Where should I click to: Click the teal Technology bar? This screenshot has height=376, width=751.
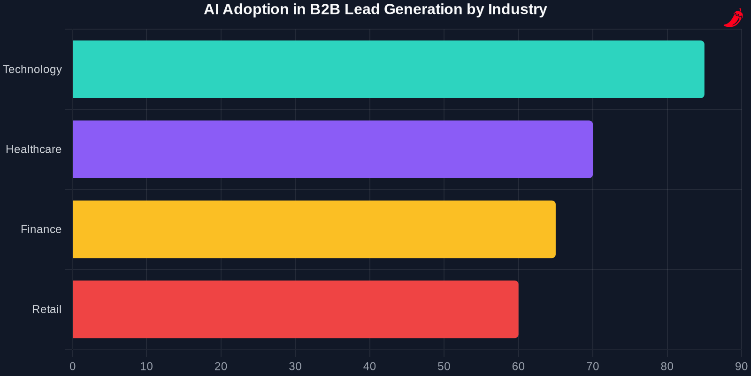click(388, 69)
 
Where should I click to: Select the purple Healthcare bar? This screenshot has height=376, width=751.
click(332, 149)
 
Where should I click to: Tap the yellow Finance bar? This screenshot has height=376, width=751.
click(314, 229)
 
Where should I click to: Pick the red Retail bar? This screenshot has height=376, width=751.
click(295, 309)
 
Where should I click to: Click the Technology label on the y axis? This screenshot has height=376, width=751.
click(32, 70)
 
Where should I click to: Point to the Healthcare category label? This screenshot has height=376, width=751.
click(33, 149)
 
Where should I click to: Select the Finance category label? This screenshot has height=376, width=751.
click(41, 229)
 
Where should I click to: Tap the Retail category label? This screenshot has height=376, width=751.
click(46, 309)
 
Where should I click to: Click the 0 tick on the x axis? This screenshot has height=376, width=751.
click(72, 367)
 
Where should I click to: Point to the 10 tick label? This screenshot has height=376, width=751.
click(146, 367)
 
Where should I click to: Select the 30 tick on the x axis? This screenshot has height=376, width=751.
click(295, 367)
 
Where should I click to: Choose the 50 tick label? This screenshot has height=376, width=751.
click(444, 367)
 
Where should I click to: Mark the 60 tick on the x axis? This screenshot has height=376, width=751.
click(518, 367)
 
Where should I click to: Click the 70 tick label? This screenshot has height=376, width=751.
click(593, 367)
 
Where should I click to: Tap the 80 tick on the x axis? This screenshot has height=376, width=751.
click(667, 367)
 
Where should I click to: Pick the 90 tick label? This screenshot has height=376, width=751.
click(741, 367)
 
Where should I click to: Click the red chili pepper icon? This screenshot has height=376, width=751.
click(733, 18)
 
